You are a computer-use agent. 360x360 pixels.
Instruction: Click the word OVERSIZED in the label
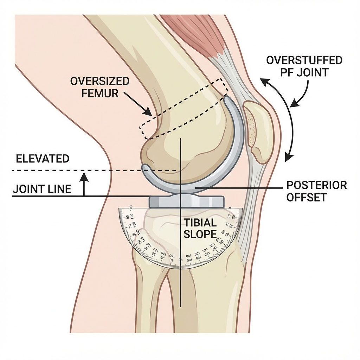[99, 81]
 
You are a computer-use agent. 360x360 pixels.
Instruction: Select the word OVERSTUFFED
[304, 60]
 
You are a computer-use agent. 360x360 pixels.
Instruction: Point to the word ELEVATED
[43, 159]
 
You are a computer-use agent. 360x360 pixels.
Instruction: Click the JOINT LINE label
[42, 189]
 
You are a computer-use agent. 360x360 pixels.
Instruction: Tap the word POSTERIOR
[316, 185]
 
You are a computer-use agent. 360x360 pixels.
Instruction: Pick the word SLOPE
[200, 234]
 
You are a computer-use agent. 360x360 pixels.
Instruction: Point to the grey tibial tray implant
[186, 201]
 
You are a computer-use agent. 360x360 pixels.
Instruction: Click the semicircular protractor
[158, 243]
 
